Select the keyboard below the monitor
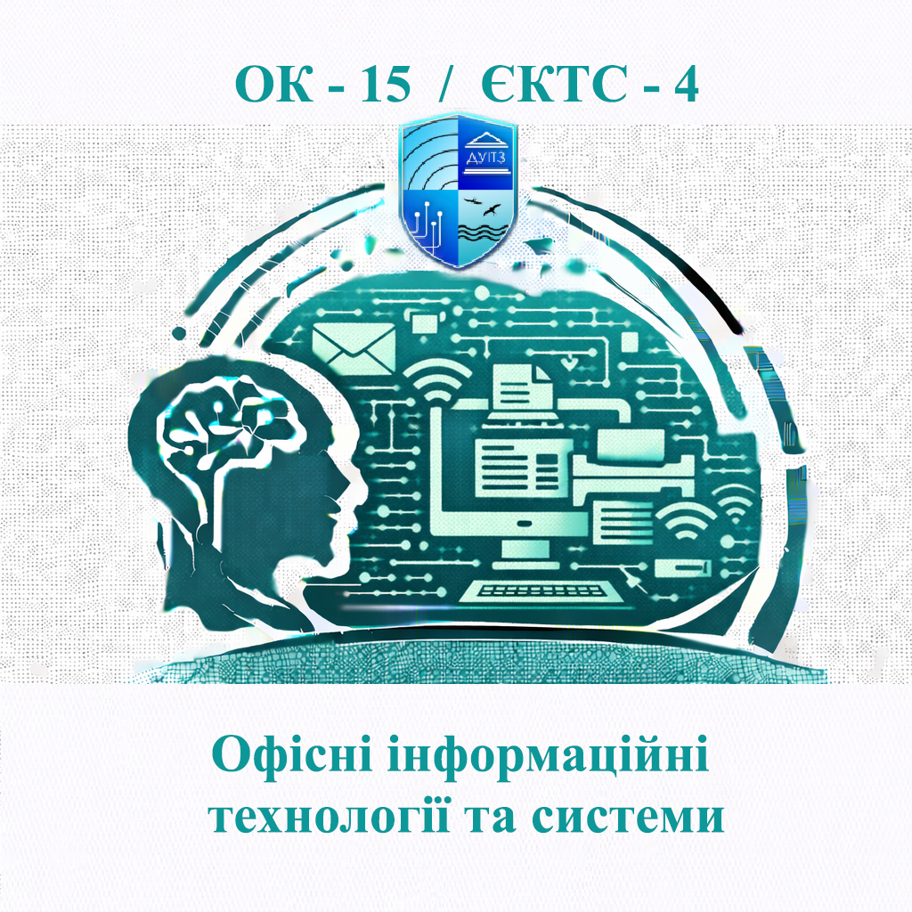[543, 589]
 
